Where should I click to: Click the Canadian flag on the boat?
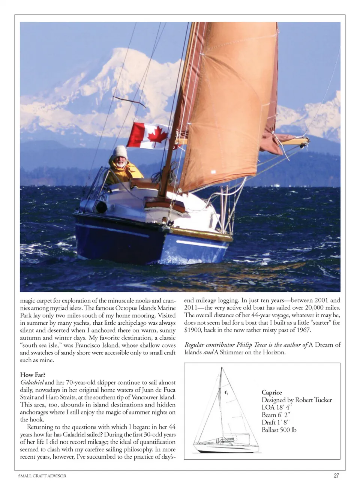(x=147, y=135)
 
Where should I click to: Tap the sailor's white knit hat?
(x=120, y=152)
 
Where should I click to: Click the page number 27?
(x=336, y=475)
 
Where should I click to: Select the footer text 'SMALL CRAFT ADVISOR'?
(x=42, y=476)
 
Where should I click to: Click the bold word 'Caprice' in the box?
(x=272, y=392)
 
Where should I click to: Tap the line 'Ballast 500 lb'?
(x=279, y=430)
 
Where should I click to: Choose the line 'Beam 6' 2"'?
(x=276, y=415)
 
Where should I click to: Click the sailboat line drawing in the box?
(x=225, y=412)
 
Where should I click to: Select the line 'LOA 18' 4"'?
(x=277, y=407)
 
